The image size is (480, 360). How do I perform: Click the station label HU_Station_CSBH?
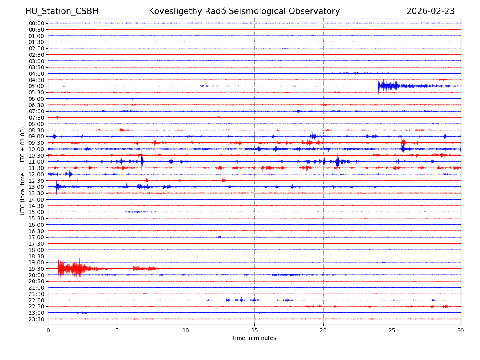click(62, 11)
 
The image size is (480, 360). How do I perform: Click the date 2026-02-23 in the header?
click(430, 11)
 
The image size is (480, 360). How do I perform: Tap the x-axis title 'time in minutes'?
click(254, 338)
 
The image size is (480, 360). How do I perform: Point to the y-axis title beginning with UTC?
click(23, 171)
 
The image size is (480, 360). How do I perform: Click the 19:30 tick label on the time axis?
click(36, 269)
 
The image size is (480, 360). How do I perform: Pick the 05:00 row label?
click(36, 86)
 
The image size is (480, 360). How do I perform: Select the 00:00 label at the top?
click(36, 23)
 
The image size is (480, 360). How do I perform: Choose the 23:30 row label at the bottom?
click(36, 319)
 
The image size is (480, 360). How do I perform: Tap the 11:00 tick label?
click(36, 162)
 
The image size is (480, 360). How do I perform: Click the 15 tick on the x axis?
click(254, 330)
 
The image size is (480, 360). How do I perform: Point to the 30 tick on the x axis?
click(461, 330)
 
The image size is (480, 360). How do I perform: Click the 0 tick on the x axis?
click(48, 330)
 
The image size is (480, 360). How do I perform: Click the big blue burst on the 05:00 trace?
click(387, 86)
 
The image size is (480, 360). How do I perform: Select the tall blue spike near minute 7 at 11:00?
click(142, 161)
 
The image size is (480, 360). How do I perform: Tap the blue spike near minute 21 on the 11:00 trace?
click(337, 161)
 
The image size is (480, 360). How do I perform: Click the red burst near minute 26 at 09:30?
click(403, 142)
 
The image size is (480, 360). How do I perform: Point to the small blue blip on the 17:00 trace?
click(219, 237)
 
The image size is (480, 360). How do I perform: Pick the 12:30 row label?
click(36, 180)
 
